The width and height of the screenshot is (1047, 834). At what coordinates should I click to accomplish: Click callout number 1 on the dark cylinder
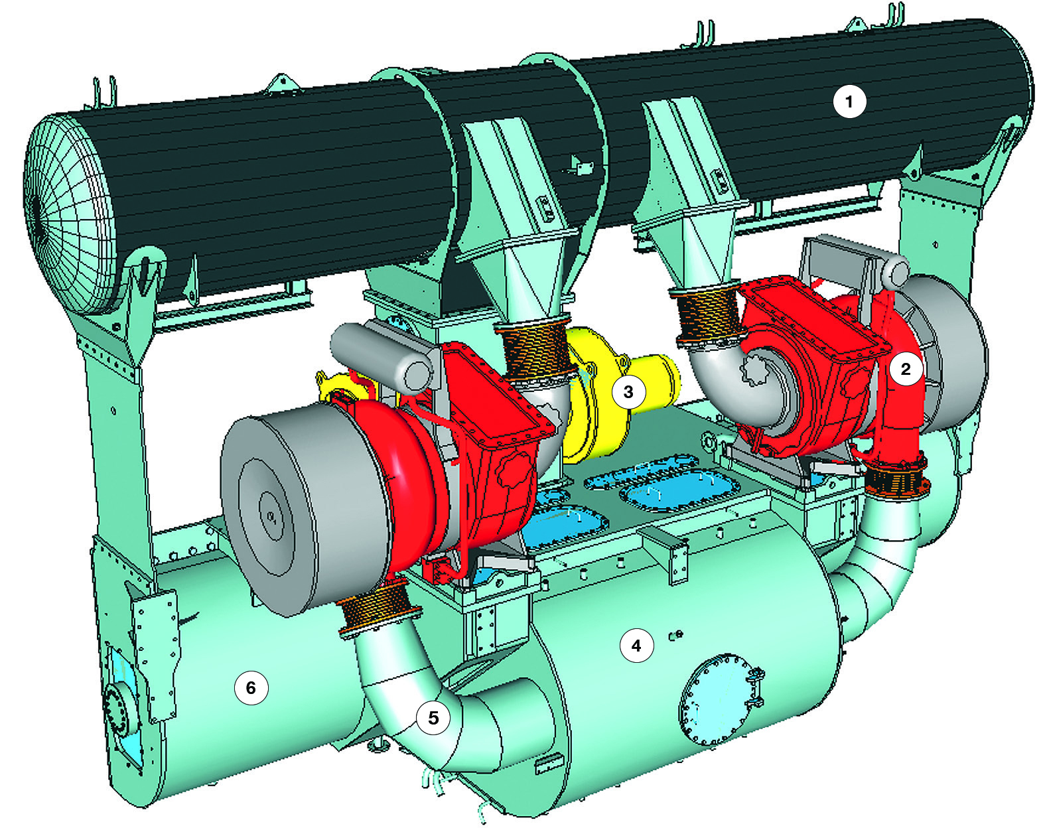pos(849,102)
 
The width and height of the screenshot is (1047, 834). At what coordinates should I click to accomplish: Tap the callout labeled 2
pos(905,369)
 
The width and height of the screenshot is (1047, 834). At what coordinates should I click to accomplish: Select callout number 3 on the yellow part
pos(628,391)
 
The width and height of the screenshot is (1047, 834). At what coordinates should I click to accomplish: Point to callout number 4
pos(636,646)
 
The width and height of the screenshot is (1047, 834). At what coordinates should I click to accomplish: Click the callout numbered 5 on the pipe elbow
pos(433,718)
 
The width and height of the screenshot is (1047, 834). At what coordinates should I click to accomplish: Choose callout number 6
pos(251,687)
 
